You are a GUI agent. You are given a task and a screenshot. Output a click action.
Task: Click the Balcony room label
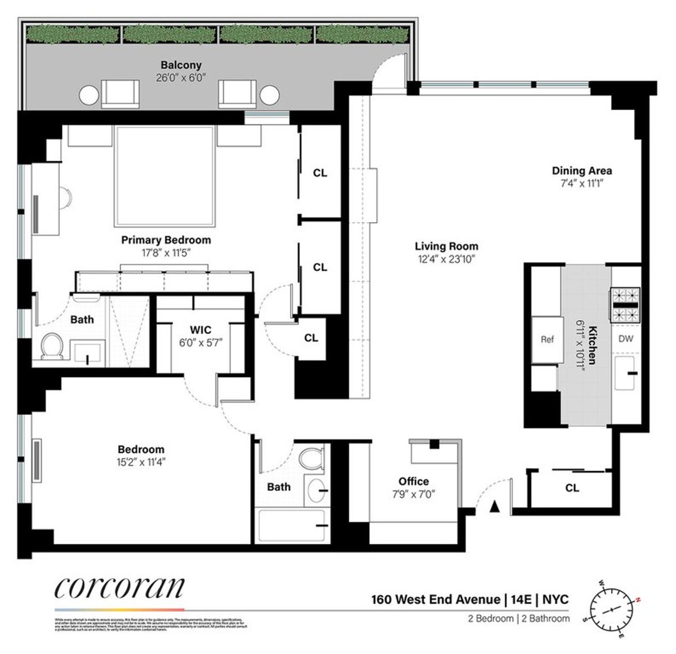[x=181, y=65]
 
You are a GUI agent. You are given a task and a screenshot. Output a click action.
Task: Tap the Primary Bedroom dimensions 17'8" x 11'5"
[x=166, y=253]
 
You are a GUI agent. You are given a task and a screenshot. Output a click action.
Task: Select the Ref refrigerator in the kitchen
[x=547, y=339]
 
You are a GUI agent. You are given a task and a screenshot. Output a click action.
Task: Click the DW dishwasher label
[x=626, y=339]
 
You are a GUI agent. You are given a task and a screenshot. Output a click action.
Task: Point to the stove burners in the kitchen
[x=625, y=305]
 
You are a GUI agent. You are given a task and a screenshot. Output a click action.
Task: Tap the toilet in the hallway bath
[x=311, y=457]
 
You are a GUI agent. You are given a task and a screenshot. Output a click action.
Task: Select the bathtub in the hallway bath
[x=291, y=526]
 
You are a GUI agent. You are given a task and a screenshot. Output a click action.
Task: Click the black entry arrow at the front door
[x=495, y=507]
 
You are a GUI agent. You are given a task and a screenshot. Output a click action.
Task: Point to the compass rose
[x=614, y=610]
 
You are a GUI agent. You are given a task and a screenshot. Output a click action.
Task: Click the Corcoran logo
[x=119, y=588]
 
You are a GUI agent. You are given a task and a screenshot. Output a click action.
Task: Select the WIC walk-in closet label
[x=201, y=329]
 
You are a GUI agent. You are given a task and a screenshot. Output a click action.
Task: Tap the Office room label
[x=413, y=481]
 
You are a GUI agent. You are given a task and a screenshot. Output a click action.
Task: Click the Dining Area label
[x=581, y=171]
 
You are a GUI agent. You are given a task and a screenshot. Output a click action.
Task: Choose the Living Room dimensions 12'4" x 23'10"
[x=446, y=259]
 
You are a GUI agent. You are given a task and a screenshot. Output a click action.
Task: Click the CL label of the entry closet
[x=572, y=488]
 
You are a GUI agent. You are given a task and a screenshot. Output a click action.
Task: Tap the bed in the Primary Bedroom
[x=165, y=176]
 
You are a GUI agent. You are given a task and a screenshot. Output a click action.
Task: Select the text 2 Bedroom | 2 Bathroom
[x=518, y=618]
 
